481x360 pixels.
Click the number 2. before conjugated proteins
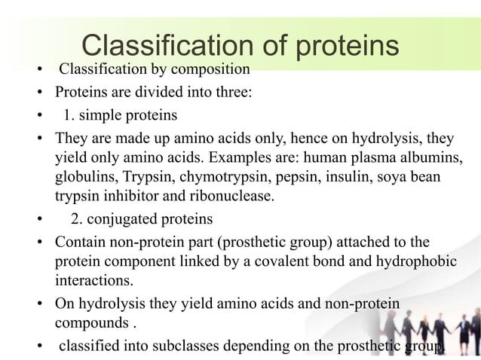(x=77, y=220)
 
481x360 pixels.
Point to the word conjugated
(x=122, y=220)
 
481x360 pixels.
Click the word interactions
(x=92, y=280)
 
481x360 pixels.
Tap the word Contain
(x=78, y=243)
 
